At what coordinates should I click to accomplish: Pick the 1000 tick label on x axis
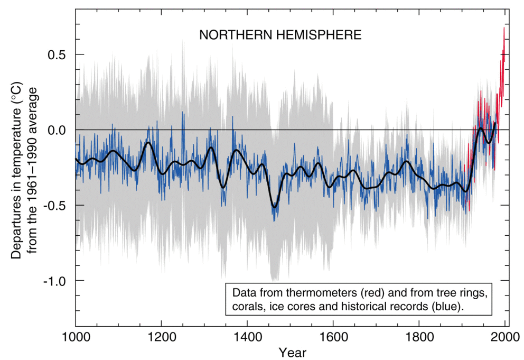(76, 337)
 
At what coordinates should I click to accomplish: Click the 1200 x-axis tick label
(161, 337)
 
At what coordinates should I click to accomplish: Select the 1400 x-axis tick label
(247, 337)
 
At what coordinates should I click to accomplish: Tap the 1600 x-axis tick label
(333, 337)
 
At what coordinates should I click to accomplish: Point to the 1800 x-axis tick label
(419, 337)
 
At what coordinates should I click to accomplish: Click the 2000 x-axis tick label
(505, 337)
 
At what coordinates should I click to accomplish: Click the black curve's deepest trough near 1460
(274, 207)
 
